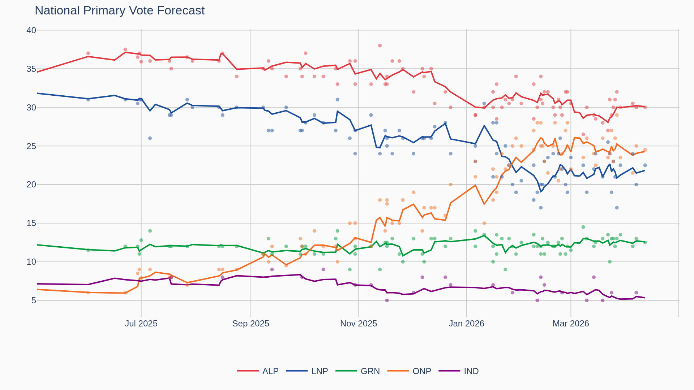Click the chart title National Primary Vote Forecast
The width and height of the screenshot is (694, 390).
(120, 10)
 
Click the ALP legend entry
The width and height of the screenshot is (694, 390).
(270, 371)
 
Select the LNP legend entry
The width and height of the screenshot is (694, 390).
(319, 371)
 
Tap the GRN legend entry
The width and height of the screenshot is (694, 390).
(370, 371)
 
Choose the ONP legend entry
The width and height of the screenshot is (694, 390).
(421, 371)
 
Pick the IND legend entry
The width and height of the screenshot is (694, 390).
(471, 371)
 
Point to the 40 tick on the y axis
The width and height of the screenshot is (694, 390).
(31, 30)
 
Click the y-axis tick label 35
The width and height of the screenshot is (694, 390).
(31, 69)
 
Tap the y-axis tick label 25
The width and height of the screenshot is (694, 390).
(31, 146)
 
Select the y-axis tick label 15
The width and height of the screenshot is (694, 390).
(31, 223)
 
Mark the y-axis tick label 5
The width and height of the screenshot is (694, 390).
(34, 300)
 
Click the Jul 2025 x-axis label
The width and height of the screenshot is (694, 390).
(141, 324)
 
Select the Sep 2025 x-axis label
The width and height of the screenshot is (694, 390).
(250, 324)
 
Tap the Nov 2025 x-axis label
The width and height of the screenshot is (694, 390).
(358, 324)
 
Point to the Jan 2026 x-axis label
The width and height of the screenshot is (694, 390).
(466, 324)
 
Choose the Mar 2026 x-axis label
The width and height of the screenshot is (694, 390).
(570, 324)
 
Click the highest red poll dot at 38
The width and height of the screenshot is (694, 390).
(380, 45)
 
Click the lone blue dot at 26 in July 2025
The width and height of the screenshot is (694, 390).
(150, 138)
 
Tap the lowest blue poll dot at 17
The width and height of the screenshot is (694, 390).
(617, 208)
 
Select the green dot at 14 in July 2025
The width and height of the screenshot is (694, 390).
(150, 231)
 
